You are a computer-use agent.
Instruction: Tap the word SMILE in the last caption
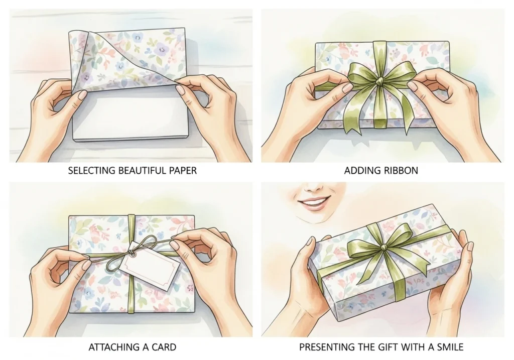click(450, 347)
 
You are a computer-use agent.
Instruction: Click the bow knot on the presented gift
click(383, 246)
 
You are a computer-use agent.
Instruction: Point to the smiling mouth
click(313, 205)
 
